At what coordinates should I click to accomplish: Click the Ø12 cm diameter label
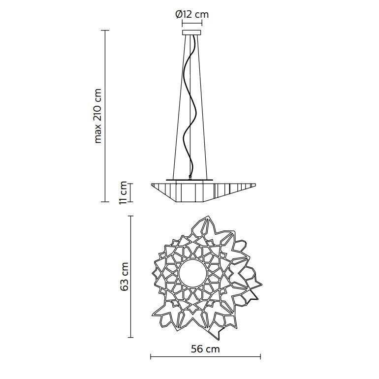(192, 14)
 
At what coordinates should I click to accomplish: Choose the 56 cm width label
(205, 349)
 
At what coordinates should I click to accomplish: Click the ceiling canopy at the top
(192, 33)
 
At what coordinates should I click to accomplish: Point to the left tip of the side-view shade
(152, 184)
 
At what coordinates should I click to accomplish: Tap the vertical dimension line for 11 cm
(131, 192)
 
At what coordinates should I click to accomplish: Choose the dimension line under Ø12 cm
(192, 23)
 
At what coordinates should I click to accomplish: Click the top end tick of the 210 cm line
(104, 31)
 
